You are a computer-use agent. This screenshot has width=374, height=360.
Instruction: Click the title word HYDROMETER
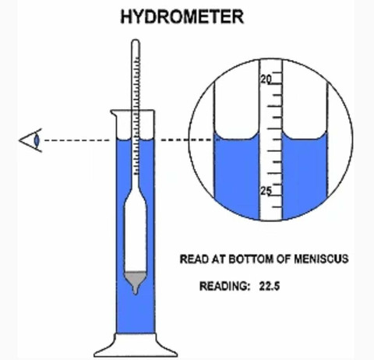182,16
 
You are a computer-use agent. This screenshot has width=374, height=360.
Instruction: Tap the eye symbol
30,140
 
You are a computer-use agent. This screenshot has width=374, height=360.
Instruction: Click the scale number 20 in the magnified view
266,79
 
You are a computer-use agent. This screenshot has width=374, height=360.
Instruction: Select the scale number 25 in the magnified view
266,191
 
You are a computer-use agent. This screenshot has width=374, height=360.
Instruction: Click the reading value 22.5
270,286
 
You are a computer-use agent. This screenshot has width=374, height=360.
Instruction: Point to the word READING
224,286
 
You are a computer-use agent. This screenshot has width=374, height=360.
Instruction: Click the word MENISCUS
321,259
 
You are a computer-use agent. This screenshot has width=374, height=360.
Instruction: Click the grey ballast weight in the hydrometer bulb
135,279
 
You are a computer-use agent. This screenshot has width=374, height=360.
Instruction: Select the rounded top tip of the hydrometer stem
136,41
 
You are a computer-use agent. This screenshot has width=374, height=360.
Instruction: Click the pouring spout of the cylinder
113,113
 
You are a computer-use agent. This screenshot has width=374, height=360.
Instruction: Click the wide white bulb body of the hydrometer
135,234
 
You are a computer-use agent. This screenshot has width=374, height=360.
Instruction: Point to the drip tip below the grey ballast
135,291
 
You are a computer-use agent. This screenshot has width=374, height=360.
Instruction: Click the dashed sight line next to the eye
77,140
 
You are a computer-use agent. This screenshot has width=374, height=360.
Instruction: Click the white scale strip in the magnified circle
271,140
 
